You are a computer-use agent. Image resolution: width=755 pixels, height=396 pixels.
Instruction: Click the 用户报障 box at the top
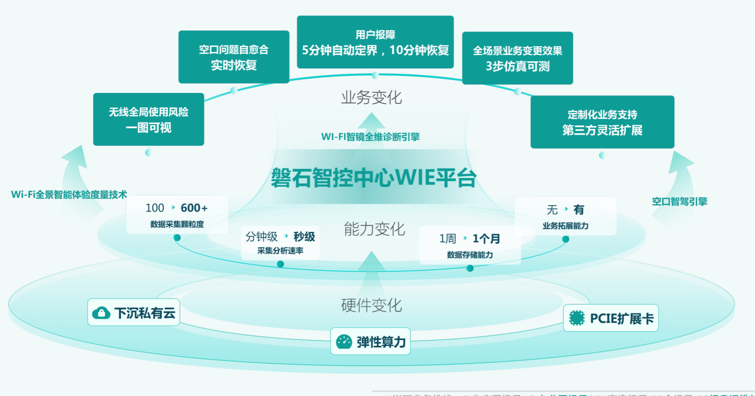(375, 42)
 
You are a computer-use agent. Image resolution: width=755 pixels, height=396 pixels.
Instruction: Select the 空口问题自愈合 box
(234, 57)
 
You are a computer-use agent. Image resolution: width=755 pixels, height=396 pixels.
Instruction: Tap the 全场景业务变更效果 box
(518, 58)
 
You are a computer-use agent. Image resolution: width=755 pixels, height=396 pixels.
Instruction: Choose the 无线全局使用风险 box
(149, 119)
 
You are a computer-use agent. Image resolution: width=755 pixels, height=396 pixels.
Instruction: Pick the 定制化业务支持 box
(602, 122)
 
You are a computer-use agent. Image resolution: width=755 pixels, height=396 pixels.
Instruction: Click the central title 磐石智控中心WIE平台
(374, 178)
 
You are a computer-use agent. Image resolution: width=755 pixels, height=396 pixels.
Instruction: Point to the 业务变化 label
(372, 97)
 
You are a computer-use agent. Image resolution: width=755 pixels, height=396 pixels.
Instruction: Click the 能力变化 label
(374, 229)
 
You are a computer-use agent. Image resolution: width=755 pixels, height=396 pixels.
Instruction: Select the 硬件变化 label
(372, 305)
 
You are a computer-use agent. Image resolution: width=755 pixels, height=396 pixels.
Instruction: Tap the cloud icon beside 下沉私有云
(101, 313)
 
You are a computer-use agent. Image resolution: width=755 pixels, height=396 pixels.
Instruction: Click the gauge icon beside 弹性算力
(344, 342)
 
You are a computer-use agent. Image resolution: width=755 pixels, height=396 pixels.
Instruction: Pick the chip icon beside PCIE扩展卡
(577, 318)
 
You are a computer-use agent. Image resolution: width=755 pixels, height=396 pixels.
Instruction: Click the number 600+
(194, 208)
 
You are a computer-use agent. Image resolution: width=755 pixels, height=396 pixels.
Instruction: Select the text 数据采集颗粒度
(177, 224)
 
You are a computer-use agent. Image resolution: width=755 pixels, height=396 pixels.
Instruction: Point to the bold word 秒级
(304, 237)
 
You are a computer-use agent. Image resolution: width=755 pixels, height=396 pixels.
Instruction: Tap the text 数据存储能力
(470, 255)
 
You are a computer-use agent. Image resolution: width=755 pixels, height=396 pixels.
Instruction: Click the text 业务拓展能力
(566, 226)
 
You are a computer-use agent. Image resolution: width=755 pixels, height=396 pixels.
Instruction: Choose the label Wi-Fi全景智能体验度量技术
(69, 195)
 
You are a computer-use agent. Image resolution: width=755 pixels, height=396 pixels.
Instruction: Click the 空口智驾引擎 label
(679, 202)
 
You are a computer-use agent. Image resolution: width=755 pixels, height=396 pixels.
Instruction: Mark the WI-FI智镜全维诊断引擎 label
(370, 137)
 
